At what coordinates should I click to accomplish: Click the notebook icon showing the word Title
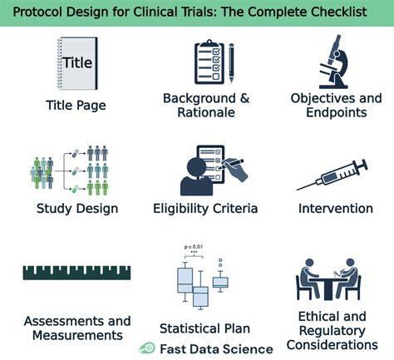pyautogui.click(x=77, y=63)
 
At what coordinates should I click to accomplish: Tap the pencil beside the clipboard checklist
pyautogui.click(x=231, y=62)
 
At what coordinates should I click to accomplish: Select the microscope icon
pyautogui.click(x=333, y=62)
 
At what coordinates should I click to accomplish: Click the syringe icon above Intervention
pyautogui.click(x=332, y=175)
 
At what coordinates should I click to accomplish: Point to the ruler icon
pyautogui.click(x=76, y=273)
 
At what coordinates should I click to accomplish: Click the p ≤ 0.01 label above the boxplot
pyautogui.click(x=194, y=247)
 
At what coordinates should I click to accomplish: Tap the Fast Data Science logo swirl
pyautogui.click(x=147, y=348)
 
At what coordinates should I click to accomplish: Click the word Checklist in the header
pyautogui.click(x=339, y=12)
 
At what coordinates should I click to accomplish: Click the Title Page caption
pyautogui.click(x=76, y=106)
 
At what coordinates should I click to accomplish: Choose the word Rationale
pyautogui.click(x=206, y=112)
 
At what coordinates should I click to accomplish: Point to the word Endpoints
pyautogui.click(x=337, y=113)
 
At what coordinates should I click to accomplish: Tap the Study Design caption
pyautogui.click(x=77, y=209)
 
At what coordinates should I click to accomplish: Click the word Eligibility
pyautogui.click(x=182, y=209)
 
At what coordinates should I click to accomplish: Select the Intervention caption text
pyautogui.click(x=336, y=209)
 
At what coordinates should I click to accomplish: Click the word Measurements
pyautogui.click(x=77, y=335)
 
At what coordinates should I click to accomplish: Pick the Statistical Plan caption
pyautogui.click(x=204, y=328)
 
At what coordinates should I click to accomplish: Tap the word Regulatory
pyautogui.click(x=332, y=331)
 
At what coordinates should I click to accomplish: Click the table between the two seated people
pyautogui.click(x=328, y=288)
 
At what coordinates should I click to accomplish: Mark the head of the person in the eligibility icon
pyautogui.click(x=196, y=167)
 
